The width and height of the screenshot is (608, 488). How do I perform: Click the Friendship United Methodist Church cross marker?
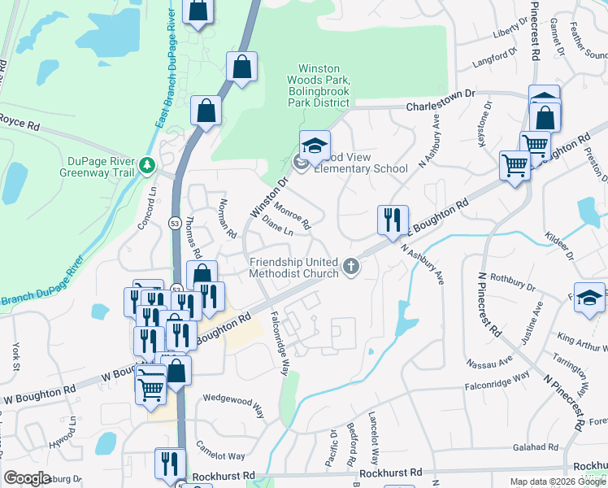tap(351, 266)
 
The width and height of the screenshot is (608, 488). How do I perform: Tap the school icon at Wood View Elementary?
tap(315, 147)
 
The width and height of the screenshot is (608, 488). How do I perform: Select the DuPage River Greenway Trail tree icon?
tap(147, 165)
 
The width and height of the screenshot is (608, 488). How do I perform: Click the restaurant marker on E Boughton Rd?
tap(392, 220)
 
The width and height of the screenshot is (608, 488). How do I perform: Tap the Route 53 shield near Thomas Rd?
tap(175, 222)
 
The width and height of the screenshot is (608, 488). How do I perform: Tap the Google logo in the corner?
tap(28, 478)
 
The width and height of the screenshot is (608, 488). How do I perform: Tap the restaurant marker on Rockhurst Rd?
tap(168, 463)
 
